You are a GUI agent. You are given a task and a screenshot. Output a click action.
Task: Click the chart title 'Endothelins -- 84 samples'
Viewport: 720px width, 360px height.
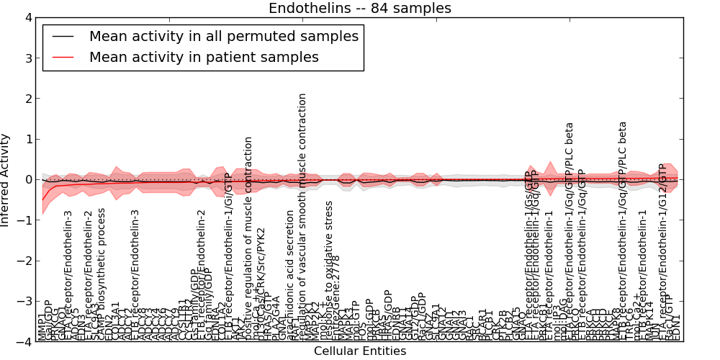coord(359,9)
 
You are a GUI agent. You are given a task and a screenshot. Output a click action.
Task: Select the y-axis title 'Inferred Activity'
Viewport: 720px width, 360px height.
coord(6,179)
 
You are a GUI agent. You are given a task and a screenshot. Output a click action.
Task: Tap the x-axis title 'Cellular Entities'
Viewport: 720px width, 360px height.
coord(359,351)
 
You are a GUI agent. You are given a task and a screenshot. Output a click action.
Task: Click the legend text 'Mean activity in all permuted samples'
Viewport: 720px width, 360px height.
coord(223,36)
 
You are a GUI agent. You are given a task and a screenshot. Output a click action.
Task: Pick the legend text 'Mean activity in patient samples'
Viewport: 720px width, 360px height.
coord(204,57)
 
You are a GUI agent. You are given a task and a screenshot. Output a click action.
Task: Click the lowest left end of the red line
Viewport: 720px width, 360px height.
coord(42,199)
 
